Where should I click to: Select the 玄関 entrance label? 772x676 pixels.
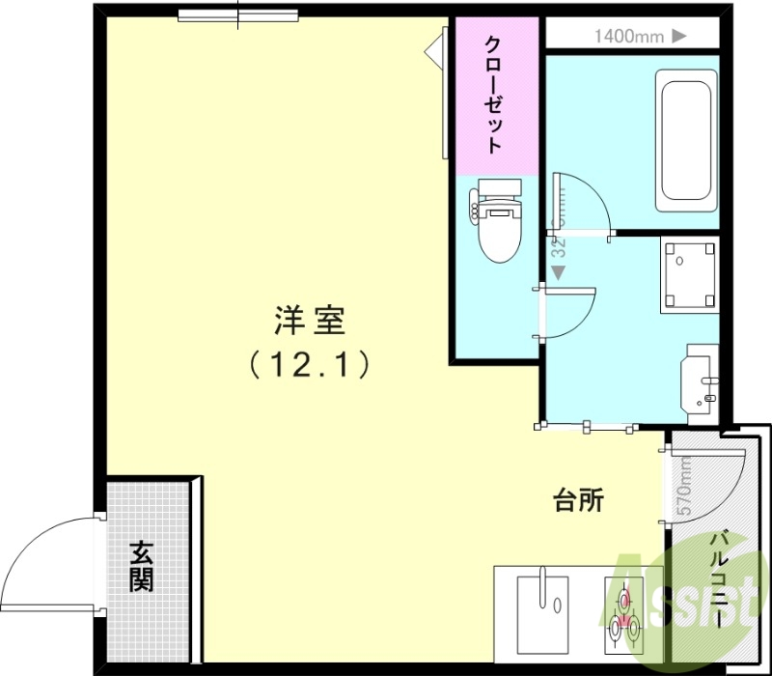click(x=142, y=567)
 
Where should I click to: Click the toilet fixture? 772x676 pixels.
click(x=498, y=222)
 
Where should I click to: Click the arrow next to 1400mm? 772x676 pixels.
click(x=678, y=37)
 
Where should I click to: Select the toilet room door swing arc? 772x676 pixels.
click(x=569, y=309)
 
